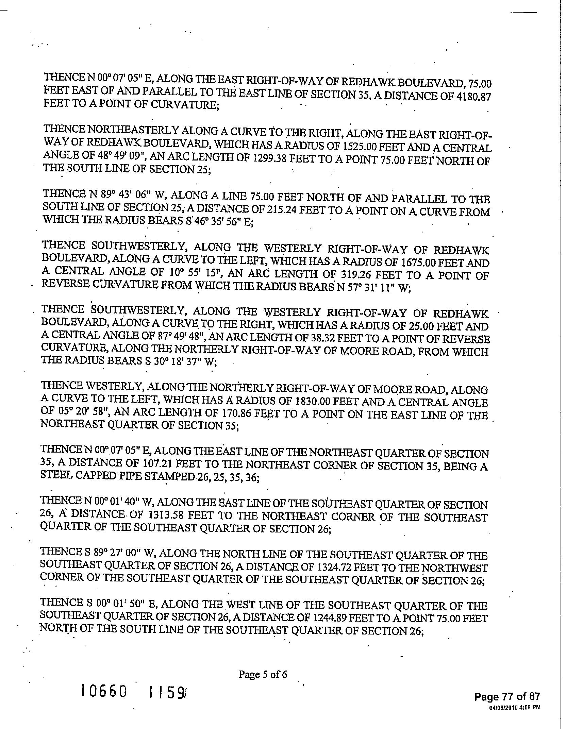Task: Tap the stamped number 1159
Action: pos(167,692)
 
